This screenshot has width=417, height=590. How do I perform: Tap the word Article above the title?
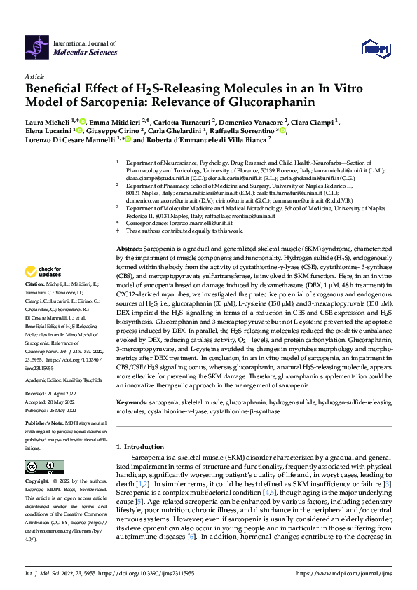(34, 77)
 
